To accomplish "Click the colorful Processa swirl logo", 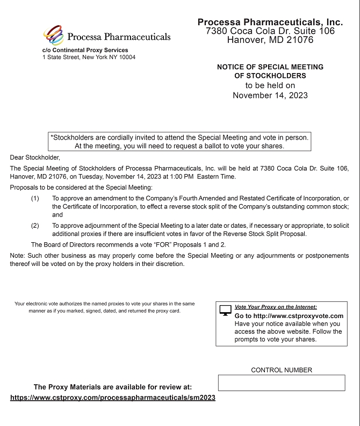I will (x=53, y=35).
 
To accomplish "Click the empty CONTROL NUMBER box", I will (x=281, y=382).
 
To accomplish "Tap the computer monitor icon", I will (x=226, y=311).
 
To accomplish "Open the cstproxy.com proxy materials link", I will (x=113, y=398).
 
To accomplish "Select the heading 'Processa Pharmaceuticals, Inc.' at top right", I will (x=270, y=22).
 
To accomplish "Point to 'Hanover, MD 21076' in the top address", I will (x=270, y=39).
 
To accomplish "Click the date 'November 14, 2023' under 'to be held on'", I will (x=270, y=95).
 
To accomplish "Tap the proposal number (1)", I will (x=35, y=198).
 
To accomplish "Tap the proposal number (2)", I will (x=35, y=225).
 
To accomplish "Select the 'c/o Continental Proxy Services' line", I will (x=85, y=50).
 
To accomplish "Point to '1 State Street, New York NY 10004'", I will (x=89, y=57).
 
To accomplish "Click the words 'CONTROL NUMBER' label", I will (x=281, y=370).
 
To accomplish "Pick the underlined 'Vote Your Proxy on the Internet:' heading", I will (x=276, y=307).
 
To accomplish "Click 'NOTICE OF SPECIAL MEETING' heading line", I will (x=270, y=67).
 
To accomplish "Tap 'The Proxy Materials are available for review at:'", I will (x=112, y=387).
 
